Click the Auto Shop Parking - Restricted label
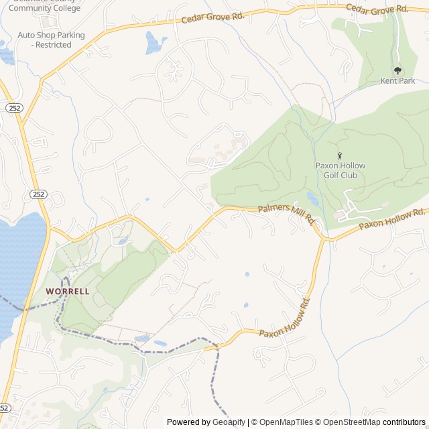pos(52,40)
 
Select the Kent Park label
pos(398,81)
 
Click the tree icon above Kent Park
pos(398,70)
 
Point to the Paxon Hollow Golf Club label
pos(339,170)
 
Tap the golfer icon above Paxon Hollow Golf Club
pos(339,156)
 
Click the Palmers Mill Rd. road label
pos(287,213)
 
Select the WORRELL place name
pos(68,292)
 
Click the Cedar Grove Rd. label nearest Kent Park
pos(377,8)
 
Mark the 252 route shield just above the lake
pos(38,194)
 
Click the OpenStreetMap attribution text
pos(355,422)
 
